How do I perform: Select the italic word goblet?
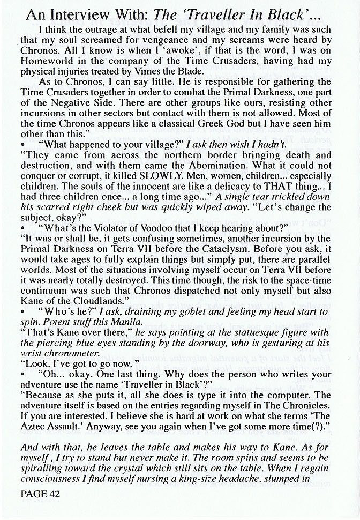pyautogui.click(x=195, y=312)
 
